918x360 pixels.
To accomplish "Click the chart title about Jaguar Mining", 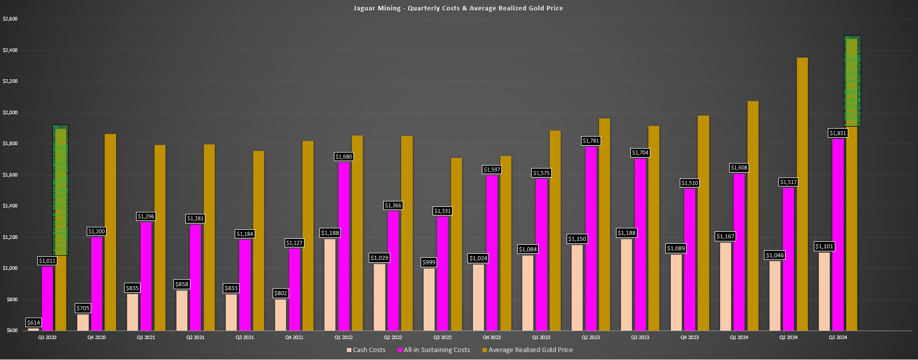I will coord(458,8).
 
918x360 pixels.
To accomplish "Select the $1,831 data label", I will coord(838,133).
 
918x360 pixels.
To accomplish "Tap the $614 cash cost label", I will coord(33,323).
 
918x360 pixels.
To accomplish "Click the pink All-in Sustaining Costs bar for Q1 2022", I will coord(344,246).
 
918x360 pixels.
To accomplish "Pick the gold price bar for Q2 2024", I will coord(802,194).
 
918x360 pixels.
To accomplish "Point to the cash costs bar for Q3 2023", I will coord(626,285).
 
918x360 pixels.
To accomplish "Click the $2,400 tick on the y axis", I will coord(10,50).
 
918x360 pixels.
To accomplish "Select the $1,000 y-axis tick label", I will coord(10,268).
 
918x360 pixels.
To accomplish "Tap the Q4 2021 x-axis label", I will coord(294,338).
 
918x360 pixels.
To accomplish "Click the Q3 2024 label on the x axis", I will coord(838,338).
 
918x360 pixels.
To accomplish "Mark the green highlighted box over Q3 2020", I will coord(60,190).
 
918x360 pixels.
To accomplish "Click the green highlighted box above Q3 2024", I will coord(852,81).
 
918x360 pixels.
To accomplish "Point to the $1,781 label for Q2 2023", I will coord(591,141).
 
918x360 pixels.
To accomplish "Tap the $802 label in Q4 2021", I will coord(281,293).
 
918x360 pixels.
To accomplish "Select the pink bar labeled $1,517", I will coord(788,259).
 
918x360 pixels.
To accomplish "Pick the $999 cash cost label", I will coord(429,262).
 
